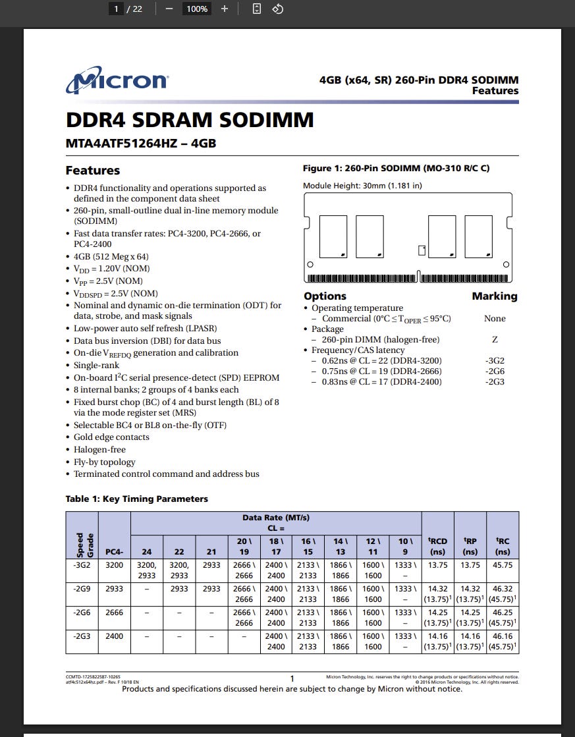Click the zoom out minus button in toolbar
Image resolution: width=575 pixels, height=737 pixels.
click(169, 9)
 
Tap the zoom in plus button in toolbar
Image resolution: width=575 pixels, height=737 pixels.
click(225, 9)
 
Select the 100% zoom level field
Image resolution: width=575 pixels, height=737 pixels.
click(197, 9)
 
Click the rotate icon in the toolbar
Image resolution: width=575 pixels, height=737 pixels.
click(278, 9)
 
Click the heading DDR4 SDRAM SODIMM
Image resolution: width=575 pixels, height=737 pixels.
click(190, 121)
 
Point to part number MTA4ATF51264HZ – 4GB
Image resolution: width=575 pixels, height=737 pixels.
click(141, 143)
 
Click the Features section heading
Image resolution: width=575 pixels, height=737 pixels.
click(93, 171)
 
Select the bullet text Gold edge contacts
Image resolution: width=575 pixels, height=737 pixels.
click(111, 437)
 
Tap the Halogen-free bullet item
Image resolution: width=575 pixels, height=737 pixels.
click(99, 450)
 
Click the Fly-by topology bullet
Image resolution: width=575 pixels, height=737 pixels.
click(105, 462)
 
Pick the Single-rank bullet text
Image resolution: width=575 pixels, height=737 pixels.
click(97, 366)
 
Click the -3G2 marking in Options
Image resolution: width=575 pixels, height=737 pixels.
click(495, 361)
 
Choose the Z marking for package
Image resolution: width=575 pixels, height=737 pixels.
click(495, 340)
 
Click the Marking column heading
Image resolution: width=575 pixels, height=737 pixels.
click(495, 296)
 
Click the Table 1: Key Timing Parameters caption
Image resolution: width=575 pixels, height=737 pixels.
click(137, 499)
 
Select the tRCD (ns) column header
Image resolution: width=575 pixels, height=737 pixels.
click(438, 547)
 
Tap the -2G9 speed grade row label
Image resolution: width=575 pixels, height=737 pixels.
click(82, 589)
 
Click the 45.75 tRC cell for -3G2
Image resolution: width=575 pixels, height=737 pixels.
click(503, 565)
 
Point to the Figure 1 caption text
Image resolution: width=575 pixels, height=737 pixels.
click(396, 169)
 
